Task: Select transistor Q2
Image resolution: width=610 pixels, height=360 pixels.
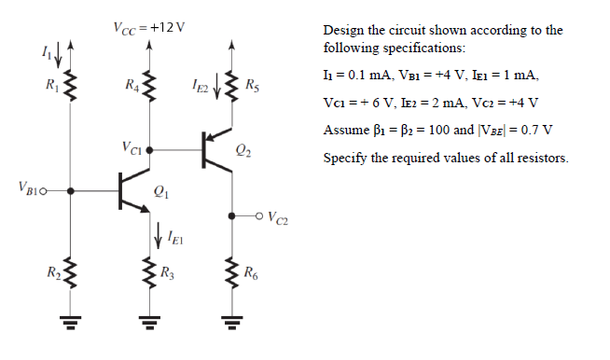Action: coord(215,148)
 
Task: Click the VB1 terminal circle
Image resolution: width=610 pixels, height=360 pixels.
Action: coord(44,191)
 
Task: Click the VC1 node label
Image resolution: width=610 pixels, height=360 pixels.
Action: coord(131,147)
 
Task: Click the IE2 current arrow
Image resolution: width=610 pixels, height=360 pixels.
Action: coord(216,89)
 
